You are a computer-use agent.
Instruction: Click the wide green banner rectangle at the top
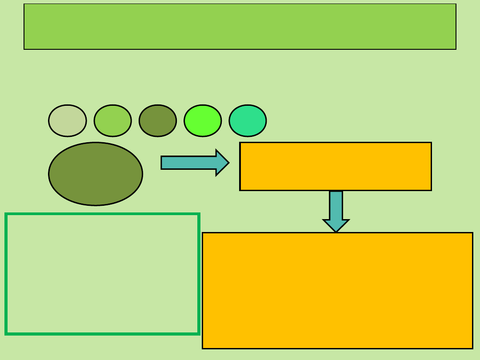(240, 27)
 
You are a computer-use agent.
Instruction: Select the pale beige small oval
(68, 121)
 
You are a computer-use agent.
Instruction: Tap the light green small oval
(113, 121)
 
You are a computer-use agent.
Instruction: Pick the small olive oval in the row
(158, 121)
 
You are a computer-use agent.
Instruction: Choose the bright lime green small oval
(203, 121)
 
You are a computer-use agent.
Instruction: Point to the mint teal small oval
(248, 121)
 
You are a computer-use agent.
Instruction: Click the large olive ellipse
(96, 174)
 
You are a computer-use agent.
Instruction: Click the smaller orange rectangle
(336, 166)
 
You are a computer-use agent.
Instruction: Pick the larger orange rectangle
(337, 290)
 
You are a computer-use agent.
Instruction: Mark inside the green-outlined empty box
(102, 274)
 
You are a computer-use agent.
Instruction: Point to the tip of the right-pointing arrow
(228, 163)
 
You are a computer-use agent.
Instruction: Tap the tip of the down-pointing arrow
(336, 232)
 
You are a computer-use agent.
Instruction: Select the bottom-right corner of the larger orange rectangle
(472, 348)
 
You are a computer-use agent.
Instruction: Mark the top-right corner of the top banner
(456, 4)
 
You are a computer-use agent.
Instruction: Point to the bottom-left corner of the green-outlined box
(6, 333)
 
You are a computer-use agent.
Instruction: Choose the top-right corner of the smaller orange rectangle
(431, 143)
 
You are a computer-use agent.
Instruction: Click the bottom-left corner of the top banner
(24, 49)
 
